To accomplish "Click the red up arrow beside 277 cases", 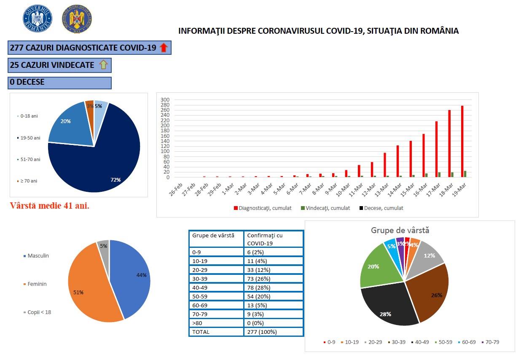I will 164,48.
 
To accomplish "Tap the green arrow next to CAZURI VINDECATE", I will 103,65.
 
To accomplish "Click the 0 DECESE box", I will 59,83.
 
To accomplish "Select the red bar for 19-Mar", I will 462,141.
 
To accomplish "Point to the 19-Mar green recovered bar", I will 465,174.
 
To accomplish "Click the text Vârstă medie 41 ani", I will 50,206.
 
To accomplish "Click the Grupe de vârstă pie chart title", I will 400,230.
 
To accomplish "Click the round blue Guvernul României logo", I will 38,19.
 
